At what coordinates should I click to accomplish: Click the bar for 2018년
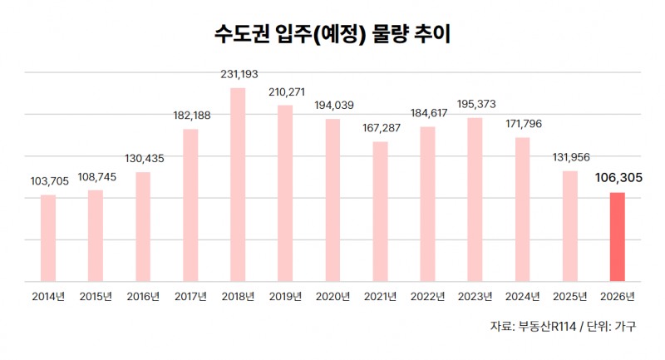(238, 185)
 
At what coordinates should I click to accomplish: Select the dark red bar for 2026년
(617, 237)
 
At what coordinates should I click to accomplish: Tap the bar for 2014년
(48, 239)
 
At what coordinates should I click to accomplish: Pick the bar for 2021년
(380, 211)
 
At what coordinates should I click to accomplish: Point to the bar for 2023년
(475, 200)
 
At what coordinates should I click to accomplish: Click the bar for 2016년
(143, 227)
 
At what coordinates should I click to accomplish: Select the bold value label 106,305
(617, 177)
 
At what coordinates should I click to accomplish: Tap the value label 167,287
(380, 130)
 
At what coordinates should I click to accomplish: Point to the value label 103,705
(48, 183)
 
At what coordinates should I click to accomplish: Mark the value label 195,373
(475, 106)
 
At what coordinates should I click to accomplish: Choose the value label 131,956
(569, 159)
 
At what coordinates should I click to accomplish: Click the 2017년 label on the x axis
(190, 296)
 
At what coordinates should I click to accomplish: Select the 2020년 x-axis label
(332, 296)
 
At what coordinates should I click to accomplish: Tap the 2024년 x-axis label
(522, 296)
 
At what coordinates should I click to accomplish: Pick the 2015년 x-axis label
(96, 296)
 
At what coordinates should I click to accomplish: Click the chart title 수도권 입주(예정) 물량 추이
(332, 36)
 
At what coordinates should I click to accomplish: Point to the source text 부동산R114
(548, 327)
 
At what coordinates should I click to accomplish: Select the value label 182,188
(190, 116)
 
